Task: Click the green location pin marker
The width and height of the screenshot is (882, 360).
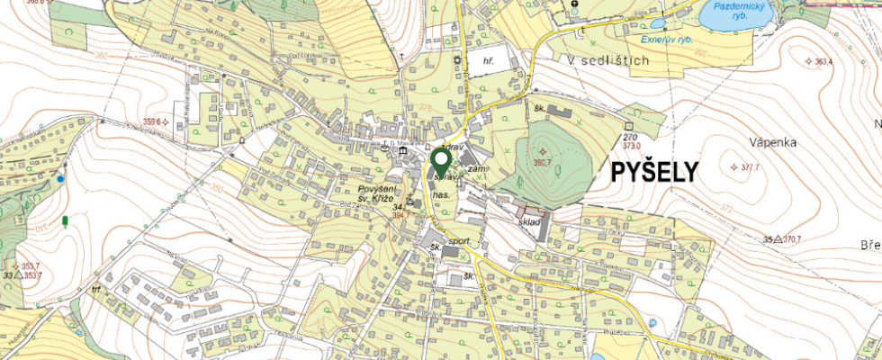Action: point(441,163)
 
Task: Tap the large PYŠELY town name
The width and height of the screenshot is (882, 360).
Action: point(654,172)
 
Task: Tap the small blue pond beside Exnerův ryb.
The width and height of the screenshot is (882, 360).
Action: point(657,24)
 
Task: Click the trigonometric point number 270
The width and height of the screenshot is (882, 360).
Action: point(629,136)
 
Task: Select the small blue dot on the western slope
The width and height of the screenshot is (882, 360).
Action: point(60,179)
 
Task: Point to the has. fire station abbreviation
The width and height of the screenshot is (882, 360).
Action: point(440,194)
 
